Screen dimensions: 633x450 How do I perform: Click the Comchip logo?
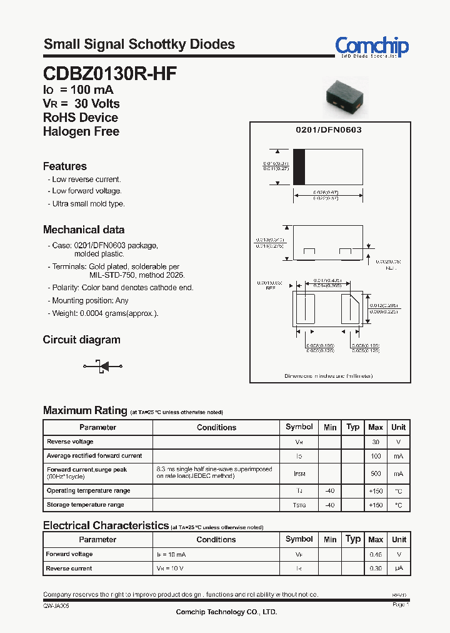(371, 46)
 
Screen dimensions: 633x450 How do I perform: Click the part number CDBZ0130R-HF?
(110, 74)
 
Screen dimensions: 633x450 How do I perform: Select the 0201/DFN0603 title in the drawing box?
(329, 129)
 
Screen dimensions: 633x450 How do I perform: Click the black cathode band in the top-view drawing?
(299, 167)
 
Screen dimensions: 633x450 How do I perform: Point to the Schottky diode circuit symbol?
(101, 366)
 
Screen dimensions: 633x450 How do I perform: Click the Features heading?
(64, 166)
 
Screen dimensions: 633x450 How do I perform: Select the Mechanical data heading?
(83, 230)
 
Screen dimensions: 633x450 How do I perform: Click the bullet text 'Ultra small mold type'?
(88, 204)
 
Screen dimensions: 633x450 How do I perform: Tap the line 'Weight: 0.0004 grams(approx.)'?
(105, 313)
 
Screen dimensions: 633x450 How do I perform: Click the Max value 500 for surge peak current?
(376, 474)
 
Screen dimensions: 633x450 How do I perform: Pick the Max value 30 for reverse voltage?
(376, 442)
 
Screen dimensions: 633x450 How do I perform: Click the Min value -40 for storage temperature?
(330, 505)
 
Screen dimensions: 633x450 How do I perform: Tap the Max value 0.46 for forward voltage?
(376, 554)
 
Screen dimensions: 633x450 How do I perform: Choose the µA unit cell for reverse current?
(398, 569)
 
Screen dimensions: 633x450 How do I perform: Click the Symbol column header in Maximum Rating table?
(299, 427)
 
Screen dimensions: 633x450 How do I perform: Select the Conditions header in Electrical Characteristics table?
(216, 539)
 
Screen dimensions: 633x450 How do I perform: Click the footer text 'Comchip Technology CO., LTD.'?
(226, 612)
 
